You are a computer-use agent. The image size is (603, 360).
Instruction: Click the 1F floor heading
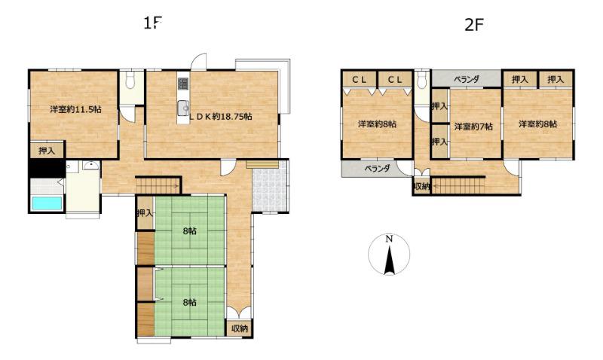pos(153,24)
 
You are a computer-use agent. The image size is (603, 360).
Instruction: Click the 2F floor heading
pos(474,25)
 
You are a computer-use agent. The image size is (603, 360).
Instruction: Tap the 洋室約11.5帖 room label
pos(76,109)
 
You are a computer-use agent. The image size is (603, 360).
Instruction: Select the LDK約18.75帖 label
pos(220,117)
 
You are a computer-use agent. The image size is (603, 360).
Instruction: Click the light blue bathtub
pos(47,203)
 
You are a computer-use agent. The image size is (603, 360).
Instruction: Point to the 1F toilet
pos(130,81)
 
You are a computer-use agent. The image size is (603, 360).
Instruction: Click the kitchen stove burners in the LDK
pos(183,83)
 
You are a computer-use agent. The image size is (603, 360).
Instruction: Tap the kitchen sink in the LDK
pos(183,108)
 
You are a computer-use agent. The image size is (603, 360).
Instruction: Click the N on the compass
pos(389,239)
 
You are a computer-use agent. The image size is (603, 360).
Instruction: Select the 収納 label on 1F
pos(240,328)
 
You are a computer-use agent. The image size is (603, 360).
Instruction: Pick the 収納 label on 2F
pos(421,186)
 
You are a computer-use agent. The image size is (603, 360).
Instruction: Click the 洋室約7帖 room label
pos(473,127)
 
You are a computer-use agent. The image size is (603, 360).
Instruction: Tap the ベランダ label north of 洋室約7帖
pos(467,80)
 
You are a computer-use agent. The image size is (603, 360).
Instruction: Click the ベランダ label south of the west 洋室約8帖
pos(378,168)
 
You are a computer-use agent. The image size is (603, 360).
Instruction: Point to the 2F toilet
pos(423,81)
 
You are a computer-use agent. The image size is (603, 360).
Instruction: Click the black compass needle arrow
pos(390,261)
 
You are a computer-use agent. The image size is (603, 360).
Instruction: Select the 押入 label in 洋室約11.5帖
pos(47,151)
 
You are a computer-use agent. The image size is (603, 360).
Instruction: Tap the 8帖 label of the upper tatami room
pos(190,231)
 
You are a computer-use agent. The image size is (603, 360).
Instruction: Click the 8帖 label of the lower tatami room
pos(190,302)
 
